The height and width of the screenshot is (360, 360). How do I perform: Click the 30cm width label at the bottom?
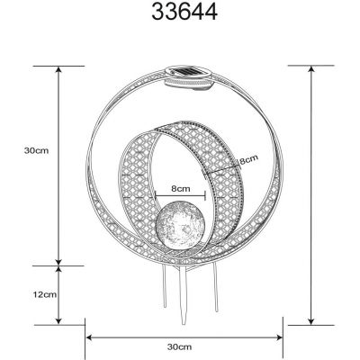click(180, 346)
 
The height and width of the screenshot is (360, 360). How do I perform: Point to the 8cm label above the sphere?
click(180, 190)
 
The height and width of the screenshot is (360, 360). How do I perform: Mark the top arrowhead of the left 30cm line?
click(60, 68)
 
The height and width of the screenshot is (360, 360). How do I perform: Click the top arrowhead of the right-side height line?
click(311, 68)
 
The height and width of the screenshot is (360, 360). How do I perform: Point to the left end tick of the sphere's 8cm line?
click(154, 199)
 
